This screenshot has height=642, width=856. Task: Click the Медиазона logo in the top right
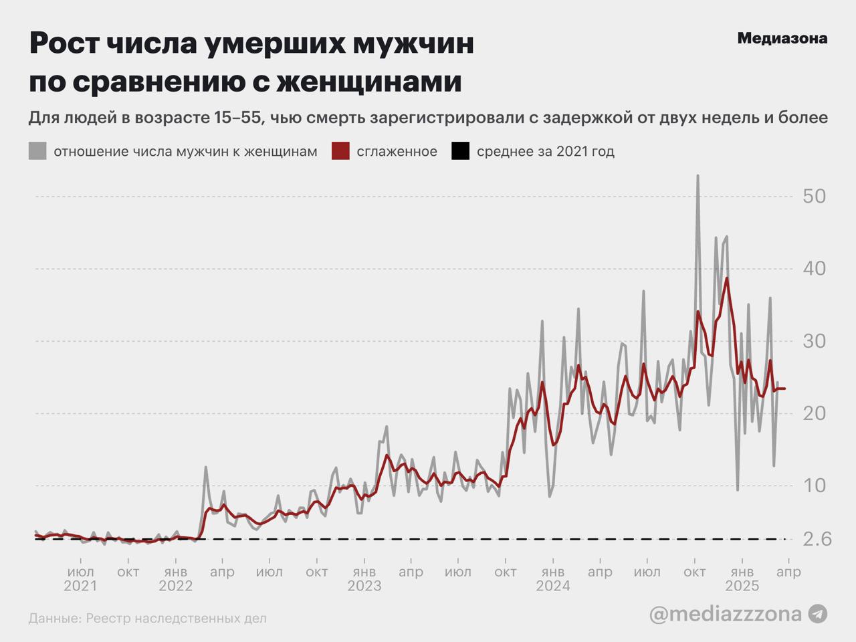pyautogui.click(x=782, y=39)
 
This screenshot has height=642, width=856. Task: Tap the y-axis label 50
pyautogui.click(x=814, y=197)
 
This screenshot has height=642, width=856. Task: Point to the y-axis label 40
pyautogui.click(x=814, y=269)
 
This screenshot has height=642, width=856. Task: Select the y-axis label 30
pyautogui.click(x=814, y=341)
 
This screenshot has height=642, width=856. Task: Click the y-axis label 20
pyautogui.click(x=814, y=413)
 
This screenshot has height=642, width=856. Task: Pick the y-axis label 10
pyautogui.click(x=814, y=486)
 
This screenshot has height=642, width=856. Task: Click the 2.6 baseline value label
pyautogui.click(x=816, y=539)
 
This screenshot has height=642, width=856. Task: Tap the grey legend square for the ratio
pyautogui.click(x=37, y=151)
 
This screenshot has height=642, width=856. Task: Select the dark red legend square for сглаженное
pyautogui.click(x=340, y=151)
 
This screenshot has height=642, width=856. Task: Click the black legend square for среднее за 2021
pyautogui.click(x=460, y=151)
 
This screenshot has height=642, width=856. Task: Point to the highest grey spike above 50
pyautogui.click(x=698, y=177)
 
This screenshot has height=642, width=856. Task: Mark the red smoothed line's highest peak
pyautogui.click(x=727, y=278)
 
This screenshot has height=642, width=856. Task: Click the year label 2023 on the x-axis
pyautogui.click(x=364, y=586)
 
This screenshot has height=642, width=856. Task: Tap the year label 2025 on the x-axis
pyautogui.click(x=742, y=586)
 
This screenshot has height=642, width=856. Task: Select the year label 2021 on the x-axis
pyautogui.click(x=80, y=586)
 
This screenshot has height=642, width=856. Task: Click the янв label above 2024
pyautogui.click(x=553, y=572)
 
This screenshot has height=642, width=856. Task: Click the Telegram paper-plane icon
pyautogui.click(x=817, y=613)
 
